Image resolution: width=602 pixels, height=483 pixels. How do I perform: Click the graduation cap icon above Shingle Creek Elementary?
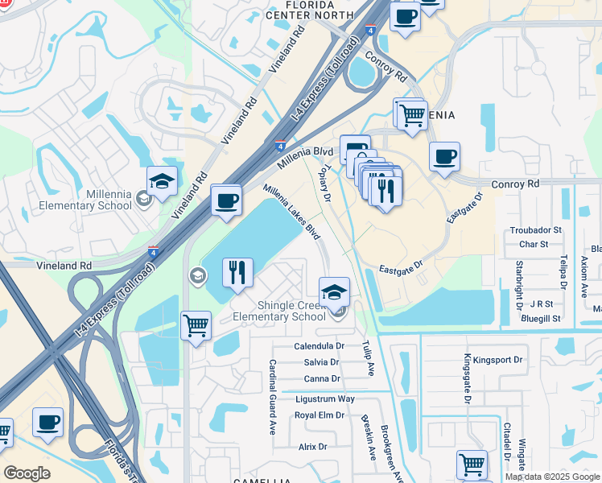coord(334,292)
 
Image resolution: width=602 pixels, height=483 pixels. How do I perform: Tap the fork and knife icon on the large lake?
coord(237,273)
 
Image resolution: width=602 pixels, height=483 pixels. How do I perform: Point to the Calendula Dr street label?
coord(319,346)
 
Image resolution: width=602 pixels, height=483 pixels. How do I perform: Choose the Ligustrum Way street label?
coord(324,398)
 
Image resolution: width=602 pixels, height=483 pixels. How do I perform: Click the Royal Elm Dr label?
coord(319,415)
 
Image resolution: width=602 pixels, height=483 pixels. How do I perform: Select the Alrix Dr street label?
coord(312,447)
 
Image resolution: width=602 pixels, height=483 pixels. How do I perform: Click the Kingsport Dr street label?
coord(497,360)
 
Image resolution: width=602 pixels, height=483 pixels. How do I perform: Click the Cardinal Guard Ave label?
coord(273,396)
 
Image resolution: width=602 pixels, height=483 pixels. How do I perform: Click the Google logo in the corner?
coord(27,473)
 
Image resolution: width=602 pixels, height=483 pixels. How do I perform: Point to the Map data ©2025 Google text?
coord(552,477)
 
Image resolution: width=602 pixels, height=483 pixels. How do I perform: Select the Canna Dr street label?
coord(321,379)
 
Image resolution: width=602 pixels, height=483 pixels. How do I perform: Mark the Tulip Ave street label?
coord(369,357)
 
